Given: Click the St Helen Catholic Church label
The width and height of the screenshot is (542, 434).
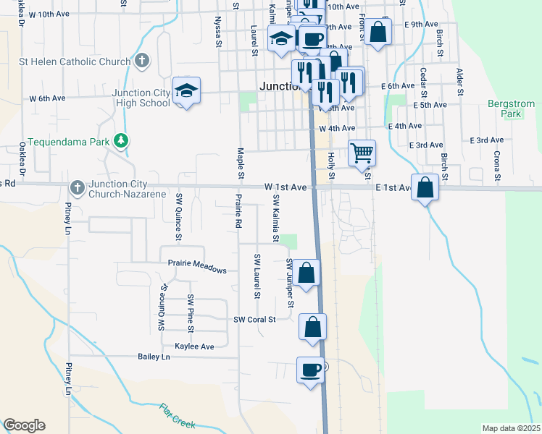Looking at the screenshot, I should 67,61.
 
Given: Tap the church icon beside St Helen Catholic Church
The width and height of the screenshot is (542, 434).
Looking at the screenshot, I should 142,61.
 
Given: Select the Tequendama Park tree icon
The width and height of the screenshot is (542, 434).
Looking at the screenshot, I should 123,140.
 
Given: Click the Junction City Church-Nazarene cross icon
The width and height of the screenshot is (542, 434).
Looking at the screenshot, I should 77,189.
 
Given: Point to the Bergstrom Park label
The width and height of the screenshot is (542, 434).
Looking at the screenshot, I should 505,109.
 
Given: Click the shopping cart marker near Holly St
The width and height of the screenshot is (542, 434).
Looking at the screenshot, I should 362,153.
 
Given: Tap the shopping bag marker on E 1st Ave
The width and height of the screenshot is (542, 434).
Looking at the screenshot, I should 425,188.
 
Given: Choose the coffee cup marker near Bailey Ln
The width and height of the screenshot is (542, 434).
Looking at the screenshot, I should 311,370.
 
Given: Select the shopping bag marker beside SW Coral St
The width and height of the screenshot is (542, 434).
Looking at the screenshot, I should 312,327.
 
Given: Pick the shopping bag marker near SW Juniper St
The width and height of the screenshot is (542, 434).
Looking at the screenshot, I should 307,273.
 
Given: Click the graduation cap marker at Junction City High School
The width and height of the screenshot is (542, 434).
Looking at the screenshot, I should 186,91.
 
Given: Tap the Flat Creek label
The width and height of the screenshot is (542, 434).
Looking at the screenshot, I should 178,416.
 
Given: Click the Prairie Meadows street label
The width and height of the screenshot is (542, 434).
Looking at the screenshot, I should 198,265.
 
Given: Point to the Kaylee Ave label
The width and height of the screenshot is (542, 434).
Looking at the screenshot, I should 190,346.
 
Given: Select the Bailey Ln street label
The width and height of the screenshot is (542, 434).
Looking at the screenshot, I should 154,357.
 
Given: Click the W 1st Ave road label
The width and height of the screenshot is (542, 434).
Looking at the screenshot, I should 285,187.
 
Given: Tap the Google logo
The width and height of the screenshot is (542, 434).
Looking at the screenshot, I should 24,425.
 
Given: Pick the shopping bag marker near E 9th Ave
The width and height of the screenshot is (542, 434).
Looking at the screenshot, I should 378,32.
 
